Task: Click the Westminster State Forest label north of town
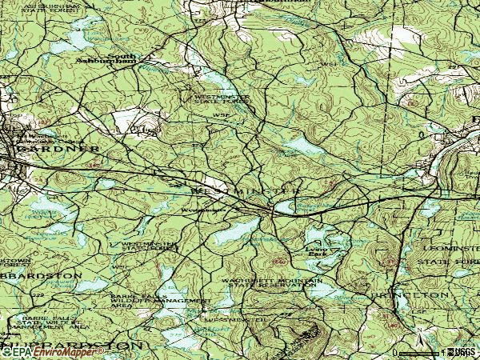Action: [x=222, y=99]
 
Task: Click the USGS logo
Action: [x=466, y=352]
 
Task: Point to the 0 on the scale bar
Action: [x=395, y=352]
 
